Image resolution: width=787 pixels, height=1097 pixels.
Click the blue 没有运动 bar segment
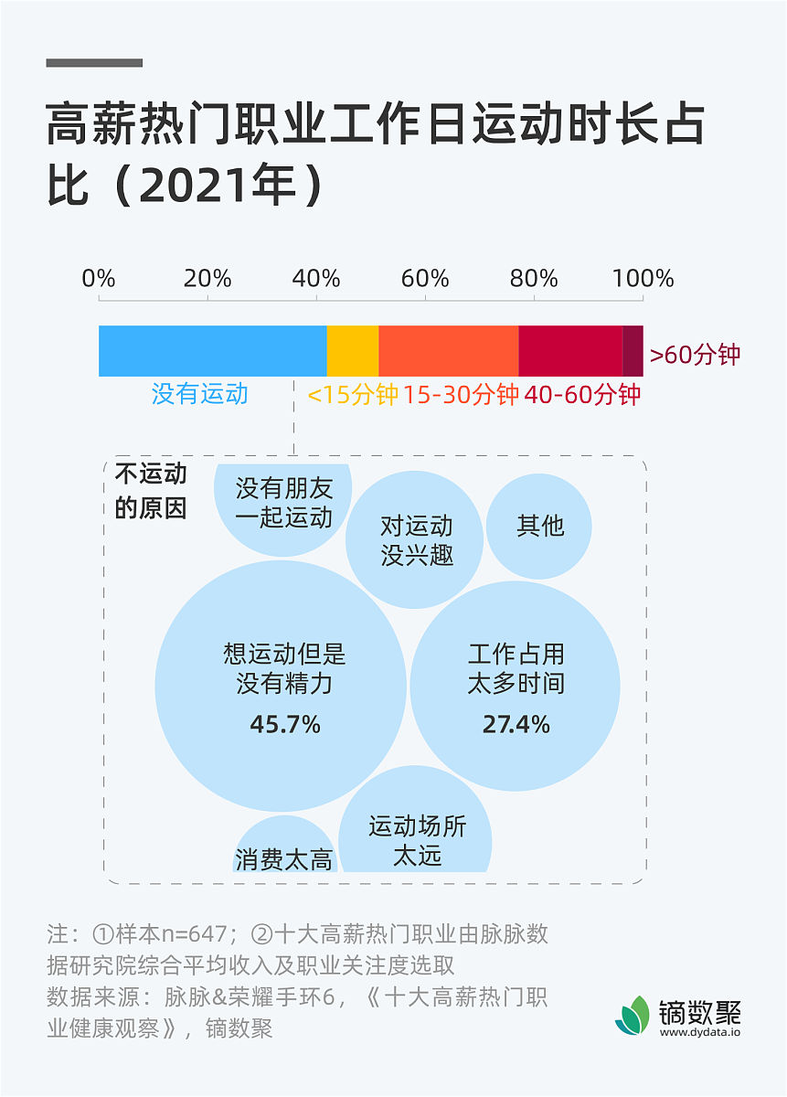[212, 350]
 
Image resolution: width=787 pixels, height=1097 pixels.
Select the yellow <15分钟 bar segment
[352, 350]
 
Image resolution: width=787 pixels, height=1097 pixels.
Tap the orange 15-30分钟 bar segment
[448, 350]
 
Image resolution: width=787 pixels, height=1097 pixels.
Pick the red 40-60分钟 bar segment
[569, 350]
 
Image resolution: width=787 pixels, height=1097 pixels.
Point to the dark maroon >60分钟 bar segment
[633, 350]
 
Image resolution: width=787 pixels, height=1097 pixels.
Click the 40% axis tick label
[316, 278]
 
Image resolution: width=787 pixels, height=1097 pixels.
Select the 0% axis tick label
[99, 278]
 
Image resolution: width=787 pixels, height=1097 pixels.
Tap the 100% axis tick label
[643, 278]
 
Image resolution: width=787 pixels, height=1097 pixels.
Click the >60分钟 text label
[695, 355]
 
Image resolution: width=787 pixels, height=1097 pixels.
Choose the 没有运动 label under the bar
[200, 394]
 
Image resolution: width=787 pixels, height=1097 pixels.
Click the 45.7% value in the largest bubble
[285, 725]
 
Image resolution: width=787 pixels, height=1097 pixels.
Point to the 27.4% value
[516, 725]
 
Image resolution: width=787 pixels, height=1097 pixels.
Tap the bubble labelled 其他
[539, 526]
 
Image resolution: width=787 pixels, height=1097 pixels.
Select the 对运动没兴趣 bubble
[414, 540]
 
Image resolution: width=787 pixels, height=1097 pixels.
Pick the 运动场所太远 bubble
[416, 827]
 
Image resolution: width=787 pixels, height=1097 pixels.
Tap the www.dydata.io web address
[699, 1032]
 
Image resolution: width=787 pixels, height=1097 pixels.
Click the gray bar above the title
[94, 63]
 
